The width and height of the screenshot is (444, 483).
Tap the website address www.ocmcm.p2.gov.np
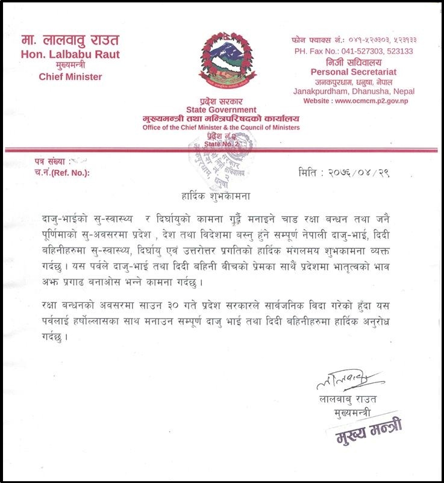click(374, 101)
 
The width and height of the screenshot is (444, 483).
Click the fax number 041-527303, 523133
click(370, 51)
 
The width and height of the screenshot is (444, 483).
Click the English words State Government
click(221, 110)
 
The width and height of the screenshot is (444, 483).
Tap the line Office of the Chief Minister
click(221, 128)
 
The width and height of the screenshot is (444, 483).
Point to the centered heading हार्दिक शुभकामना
click(221, 196)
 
